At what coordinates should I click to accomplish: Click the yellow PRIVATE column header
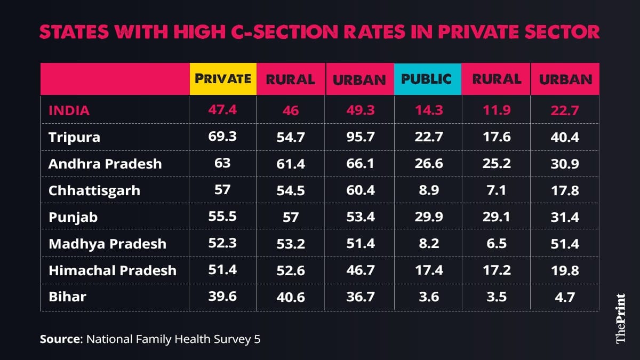pyautogui.click(x=223, y=79)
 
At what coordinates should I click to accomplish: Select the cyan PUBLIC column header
pyautogui.click(x=427, y=79)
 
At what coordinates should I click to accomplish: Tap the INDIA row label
pyautogui.click(x=69, y=111)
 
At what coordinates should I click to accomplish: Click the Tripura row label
pyautogui.click(x=74, y=138)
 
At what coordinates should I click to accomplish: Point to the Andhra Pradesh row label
pyautogui.click(x=105, y=164)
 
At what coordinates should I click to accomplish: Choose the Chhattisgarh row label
pyautogui.click(x=94, y=190)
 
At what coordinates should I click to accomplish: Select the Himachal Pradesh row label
pyautogui.click(x=113, y=270)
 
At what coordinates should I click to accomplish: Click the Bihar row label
pyautogui.click(x=67, y=297)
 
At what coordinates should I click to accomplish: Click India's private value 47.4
pyautogui.click(x=223, y=110)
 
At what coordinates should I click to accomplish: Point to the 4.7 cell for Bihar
pyautogui.click(x=565, y=297)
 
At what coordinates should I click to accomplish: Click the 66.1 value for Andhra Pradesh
pyautogui.click(x=359, y=164)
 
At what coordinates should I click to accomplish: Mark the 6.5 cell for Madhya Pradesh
pyautogui.click(x=497, y=244)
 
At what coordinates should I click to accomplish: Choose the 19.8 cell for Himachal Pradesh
pyautogui.click(x=565, y=270)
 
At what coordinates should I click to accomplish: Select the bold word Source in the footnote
pyautogui.click(x=59, y=339)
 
